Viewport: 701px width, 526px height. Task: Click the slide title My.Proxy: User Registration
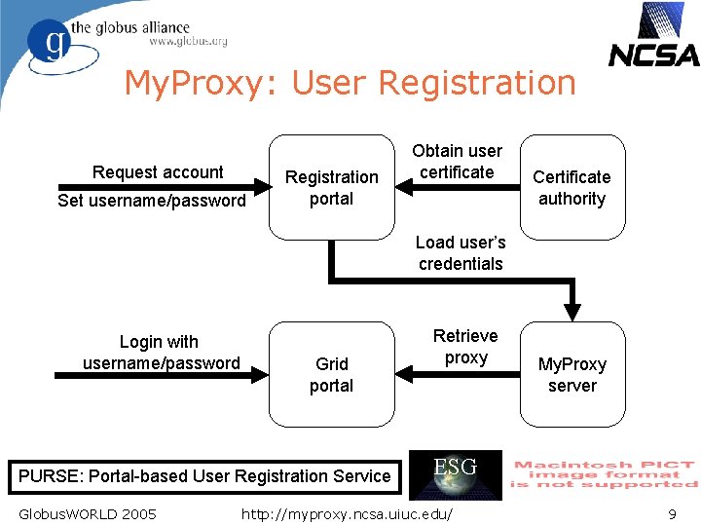350,83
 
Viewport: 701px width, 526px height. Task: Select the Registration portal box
331,187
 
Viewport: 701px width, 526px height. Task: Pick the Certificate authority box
572,187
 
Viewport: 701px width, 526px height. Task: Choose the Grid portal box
331,374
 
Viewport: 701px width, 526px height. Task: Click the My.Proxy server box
572,374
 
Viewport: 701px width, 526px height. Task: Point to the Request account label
158,172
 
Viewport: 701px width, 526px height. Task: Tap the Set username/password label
152,201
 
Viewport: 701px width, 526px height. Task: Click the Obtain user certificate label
457,162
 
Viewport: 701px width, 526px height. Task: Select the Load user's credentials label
461,253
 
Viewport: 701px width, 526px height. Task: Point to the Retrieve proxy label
465,347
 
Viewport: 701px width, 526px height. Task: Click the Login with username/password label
161,353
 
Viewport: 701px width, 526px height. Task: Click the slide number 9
672,513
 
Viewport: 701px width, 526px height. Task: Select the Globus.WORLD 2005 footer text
88,513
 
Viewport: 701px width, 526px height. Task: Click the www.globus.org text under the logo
188,42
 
